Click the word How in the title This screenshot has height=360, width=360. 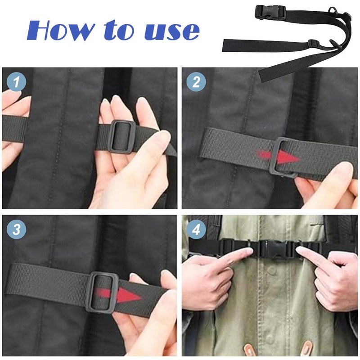point(61,30)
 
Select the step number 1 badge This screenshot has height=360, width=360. point(17,82)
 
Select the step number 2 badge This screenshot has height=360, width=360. point(196,82)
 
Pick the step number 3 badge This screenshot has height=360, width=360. point(17,229)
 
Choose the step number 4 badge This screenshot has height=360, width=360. point(196,229)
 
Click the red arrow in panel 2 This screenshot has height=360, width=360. point(279,157)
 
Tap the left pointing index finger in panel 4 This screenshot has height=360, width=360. point(234,256)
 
